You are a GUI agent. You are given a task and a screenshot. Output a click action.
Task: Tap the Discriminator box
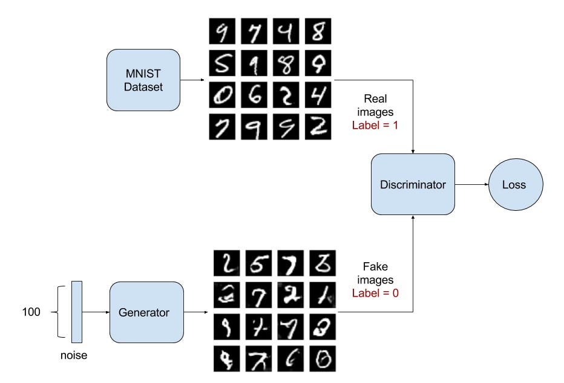point(412,184)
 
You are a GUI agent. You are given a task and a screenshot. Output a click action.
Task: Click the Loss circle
point(514,184)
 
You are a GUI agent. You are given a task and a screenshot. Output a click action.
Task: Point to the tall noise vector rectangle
point(76,312)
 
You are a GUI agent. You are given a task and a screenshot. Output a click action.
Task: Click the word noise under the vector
point(74,355)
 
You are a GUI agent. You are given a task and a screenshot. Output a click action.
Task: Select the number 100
point(30,312)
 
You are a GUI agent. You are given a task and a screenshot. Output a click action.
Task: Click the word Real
point(376,98)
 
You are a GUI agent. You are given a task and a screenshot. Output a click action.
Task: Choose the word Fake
point(376,266)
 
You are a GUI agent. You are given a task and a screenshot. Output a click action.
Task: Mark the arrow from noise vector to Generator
point(96,312)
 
